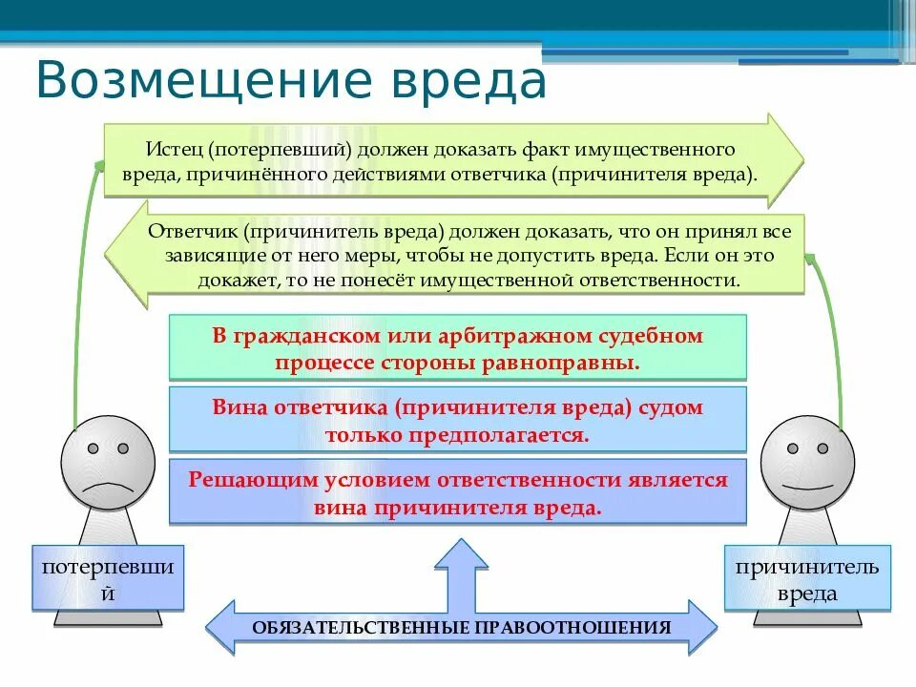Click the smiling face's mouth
807,486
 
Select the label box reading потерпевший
108,578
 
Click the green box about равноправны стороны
457,349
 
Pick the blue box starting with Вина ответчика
457,420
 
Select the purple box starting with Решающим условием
457,492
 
